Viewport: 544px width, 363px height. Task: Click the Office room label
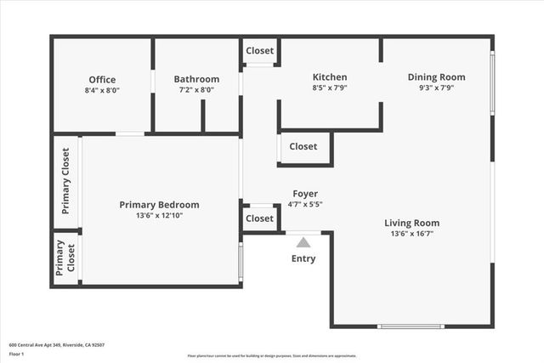coord(102,79)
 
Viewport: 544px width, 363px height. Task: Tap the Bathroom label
coord(196,79)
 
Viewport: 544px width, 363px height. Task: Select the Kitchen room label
coord(330,77)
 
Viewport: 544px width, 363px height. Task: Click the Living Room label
coord(414,223)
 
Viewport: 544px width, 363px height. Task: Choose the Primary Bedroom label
coord(159,204)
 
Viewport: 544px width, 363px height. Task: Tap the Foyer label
coord(305,193)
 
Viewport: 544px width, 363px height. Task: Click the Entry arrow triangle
coord(303,242)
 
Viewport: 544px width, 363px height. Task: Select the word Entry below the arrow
coord(303,258)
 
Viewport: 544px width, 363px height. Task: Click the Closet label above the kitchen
coord(260,51)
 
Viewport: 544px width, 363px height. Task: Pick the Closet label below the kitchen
coord(303,146)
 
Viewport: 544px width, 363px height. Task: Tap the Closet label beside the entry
coord(259,218)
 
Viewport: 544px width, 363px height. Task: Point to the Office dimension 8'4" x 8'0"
coord(102,89)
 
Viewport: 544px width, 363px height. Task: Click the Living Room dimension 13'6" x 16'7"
coord(414,234)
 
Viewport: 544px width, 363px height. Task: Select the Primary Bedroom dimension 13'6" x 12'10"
coord(159,215)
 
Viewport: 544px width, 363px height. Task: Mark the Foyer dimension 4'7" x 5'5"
coord(305,204)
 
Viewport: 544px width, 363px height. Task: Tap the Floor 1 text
coord(17,354)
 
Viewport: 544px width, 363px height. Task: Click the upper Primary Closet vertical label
coord(65,181)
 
